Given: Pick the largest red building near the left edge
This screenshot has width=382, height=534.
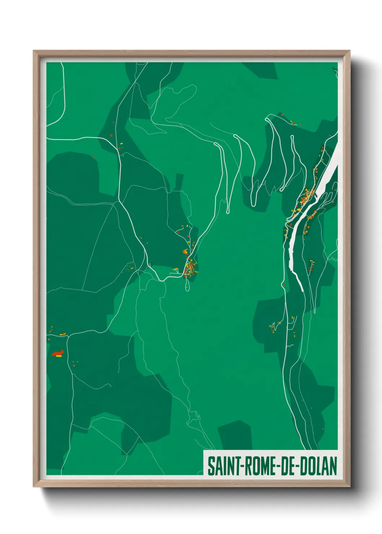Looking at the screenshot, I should point(57,354).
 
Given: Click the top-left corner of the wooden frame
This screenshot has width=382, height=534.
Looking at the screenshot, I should point(34,52).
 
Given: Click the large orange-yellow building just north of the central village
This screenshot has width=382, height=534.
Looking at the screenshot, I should point(185,251).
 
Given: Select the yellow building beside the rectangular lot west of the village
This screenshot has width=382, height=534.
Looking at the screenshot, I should point(175,270).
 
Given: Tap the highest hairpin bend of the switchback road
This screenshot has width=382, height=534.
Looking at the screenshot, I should point(268,118).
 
